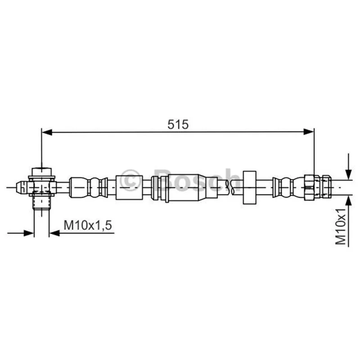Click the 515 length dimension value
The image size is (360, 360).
pyautogui.click(x=178, y=125)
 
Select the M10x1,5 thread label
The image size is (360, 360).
pyautogui.click(x=88, y=225)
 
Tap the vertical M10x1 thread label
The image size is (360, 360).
pyautogui.click(x=341, y=227)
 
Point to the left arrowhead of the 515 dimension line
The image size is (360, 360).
pyautogui.click(x=47, y=132)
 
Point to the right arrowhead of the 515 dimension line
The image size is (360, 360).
pyautogui.click(x=309, y=132)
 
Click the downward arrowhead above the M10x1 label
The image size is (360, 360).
pyautogui.click(x=348, y=174)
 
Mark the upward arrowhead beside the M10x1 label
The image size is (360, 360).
pyautogui.click(x=348, y=201)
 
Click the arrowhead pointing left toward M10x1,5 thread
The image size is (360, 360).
pyautogui.click(x=54, y=233)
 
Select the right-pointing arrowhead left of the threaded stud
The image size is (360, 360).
pyautogui.click(x=29, y=233)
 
